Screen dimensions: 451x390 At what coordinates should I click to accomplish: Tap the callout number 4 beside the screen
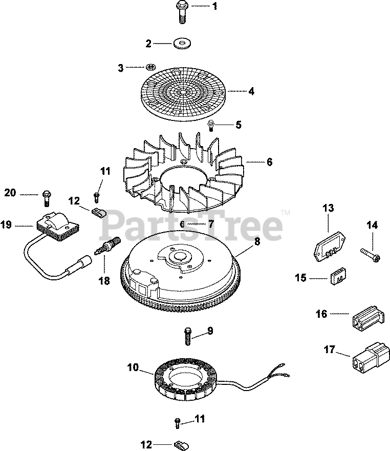(251, 92)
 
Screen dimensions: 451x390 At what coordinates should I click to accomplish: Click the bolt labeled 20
(47, 194)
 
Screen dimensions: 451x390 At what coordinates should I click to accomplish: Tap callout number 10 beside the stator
(133, 367)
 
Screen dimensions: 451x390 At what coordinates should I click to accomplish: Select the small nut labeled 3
(150, 67)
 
